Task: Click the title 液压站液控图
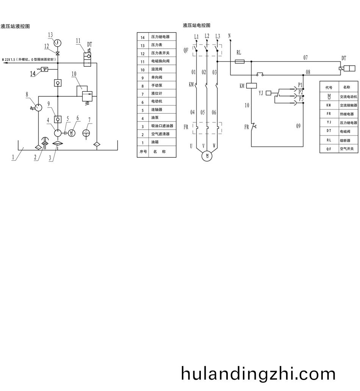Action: [16, 26]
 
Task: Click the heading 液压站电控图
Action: [196, 25]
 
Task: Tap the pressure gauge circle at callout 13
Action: [58, 42]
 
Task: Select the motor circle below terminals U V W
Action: [207, 155]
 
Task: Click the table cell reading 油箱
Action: [155, 142]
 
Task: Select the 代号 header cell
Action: [329, 88]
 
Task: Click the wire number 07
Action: [305, 58]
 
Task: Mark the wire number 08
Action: [308, 72]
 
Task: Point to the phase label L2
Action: [207, 36]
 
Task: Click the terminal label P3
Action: [301, 99]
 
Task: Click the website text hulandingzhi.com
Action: [258, 374]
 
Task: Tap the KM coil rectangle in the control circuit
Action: [252, 86]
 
